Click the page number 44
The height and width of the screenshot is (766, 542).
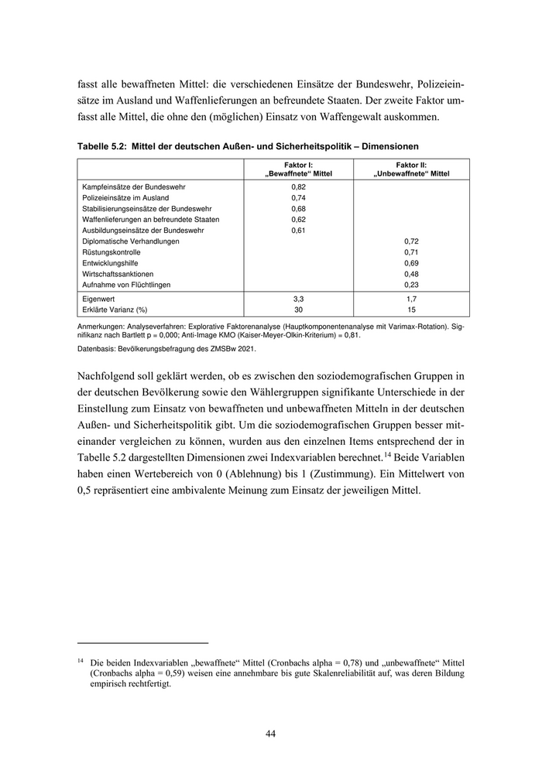pos(270,734)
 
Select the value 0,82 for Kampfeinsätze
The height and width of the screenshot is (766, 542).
pos(298,187)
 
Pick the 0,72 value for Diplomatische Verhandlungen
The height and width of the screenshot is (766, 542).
pos(411,241)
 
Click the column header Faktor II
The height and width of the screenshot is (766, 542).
pos(411,165)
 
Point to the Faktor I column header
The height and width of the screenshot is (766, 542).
pos(298,165)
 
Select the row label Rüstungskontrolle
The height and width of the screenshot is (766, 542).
pos(111,252)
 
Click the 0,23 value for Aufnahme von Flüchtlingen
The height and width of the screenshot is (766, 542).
pos(411,285)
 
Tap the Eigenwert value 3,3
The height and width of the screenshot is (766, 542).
pos(298,298)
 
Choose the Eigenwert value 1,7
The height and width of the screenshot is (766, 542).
pos(411,298)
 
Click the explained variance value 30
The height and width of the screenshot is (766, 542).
pos(298,309)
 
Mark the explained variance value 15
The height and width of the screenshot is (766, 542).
pos(411,309)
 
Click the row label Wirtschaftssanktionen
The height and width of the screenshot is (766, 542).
pos(118,274)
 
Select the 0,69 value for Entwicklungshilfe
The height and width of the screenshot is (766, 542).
pos(411,263)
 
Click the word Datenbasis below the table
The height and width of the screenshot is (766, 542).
pos(97,351)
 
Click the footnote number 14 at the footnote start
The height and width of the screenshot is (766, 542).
pos(81,662)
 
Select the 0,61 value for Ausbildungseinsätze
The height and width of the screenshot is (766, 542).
pos(298,231)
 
